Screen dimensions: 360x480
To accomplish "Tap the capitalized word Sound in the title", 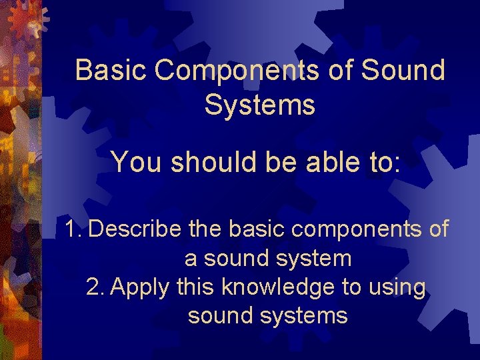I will [x=403, y=70].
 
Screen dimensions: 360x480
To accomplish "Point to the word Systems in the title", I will [x=260, y=105].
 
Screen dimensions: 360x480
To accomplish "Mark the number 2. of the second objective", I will [x=96, y=287].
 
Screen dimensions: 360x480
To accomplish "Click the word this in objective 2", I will [x=196, y=287].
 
